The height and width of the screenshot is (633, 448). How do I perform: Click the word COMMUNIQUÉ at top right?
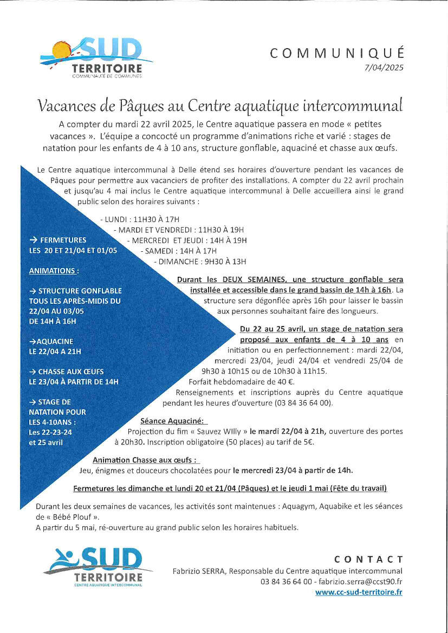(x=336, y=53)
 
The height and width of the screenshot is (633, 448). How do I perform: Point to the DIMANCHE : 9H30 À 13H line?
(x=200, y=262)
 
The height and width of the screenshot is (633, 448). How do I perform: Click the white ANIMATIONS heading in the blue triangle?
(x=54, y=271)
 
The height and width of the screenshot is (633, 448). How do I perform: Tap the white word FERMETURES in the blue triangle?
(x=62, y=240)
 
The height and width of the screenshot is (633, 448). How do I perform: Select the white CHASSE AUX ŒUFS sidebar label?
(x=70, y=372)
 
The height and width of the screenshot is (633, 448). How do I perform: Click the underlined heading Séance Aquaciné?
(x=173, y=421)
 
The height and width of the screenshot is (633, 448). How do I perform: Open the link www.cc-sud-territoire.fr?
(x=359, y=592)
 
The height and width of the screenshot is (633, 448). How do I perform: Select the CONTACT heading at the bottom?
(x=368, y=559)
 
